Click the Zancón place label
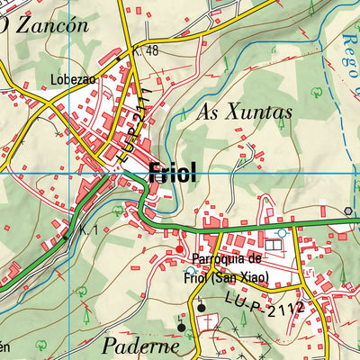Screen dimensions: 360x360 tap(49, 24)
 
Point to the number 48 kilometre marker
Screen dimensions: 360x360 tap(150, 50)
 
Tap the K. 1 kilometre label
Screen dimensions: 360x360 tap(87, 232)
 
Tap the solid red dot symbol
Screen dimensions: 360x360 tap(179, 249)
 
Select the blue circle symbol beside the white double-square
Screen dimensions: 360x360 tap(283, 232)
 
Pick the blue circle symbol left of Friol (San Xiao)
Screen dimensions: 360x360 tap(190, 270)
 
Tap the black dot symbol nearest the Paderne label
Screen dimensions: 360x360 tap(180, 328)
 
